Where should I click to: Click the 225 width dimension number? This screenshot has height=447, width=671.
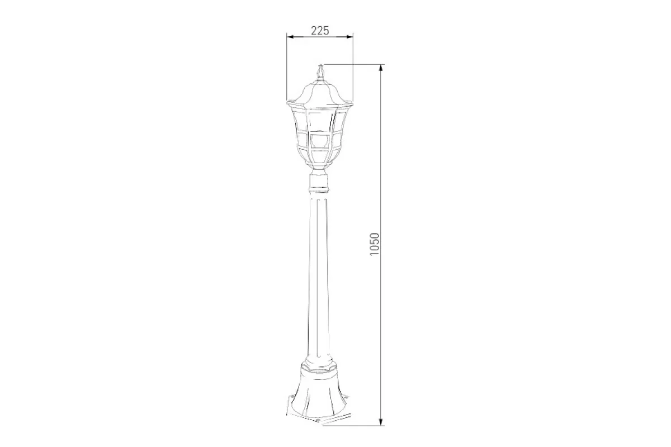click(x=320, y=31)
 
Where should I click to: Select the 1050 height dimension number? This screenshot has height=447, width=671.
click(x=375, y=244)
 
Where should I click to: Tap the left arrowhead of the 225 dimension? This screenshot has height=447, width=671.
click(x=291, y=37)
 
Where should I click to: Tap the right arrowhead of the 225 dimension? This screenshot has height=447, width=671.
click(x=350, y=37)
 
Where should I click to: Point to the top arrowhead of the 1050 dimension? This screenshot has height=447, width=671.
click(x=381, y=68)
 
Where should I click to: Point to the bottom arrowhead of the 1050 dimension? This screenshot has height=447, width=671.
click(x=381, y=421)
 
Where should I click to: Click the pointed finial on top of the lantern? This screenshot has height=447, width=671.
click(x=320, y=72)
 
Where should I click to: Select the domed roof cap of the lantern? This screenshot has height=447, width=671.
click(x=320, y=92)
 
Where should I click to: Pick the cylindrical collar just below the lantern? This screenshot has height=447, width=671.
click(x=320, y=180)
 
